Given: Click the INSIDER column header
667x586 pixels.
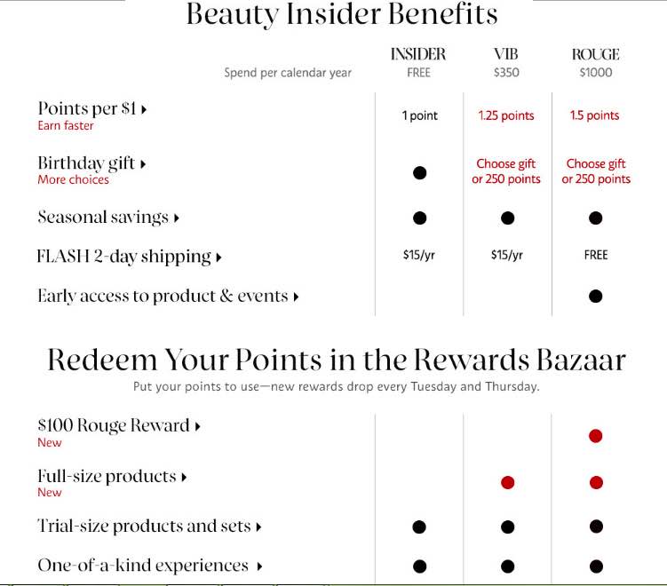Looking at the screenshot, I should tap(418, 55).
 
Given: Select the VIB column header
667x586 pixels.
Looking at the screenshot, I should tap(506, 55).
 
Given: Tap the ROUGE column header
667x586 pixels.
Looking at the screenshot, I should tap(595, 55).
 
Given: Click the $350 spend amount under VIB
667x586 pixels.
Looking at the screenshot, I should tap(506, 73).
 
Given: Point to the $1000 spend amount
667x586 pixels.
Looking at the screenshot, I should tap(595, 73).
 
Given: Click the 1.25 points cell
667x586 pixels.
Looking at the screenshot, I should tap(506, 115).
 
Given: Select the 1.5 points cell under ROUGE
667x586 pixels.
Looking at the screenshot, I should tap(595, 115).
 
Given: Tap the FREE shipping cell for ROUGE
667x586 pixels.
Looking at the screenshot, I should tap(596, 255).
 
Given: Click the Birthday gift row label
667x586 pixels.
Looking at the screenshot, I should tap(86, 163).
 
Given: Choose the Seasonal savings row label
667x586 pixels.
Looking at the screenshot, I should tap(103, 218).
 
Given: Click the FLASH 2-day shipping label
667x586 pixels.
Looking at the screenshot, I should tap(123, 257).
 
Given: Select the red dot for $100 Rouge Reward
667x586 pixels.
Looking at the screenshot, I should tap(596, 435).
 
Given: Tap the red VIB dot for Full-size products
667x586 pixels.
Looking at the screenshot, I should tap(507, 482).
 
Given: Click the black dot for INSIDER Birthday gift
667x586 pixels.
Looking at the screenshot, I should tap(419, 172).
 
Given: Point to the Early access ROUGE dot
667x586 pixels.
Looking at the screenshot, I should tap(596, 296).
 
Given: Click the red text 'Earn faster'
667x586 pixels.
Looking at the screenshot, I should tap(66, 126).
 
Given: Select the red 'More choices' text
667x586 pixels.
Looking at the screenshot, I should tap(73, 179).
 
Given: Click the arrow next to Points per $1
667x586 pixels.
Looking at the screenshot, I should tap(144, 110).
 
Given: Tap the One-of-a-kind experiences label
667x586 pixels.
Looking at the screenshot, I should tap(143, 566).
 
